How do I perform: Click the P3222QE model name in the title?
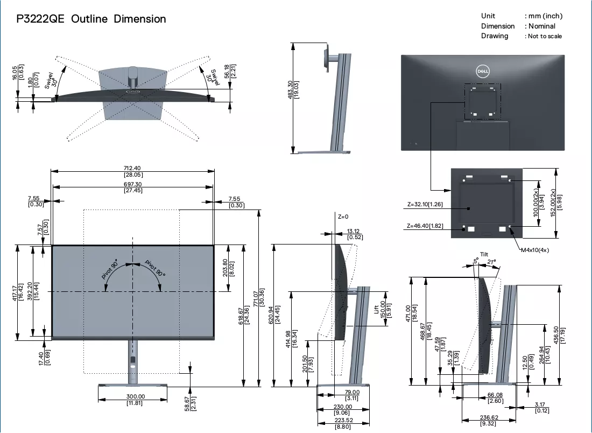(x=40, y=19)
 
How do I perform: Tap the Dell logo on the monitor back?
(x=483, y=71)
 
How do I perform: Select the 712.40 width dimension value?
(x=132, y=168)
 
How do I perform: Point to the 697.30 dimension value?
(x=133, y=184)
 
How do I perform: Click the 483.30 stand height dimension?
(x=290, y=89)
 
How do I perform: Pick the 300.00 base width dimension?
(x=136, y=396)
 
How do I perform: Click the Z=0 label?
(x=343, y=216)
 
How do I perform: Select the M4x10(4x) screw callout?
(x=535, y=250)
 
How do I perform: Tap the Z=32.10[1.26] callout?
(x=425, y=205)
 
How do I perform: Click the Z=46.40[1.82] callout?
(x=425, y=226)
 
